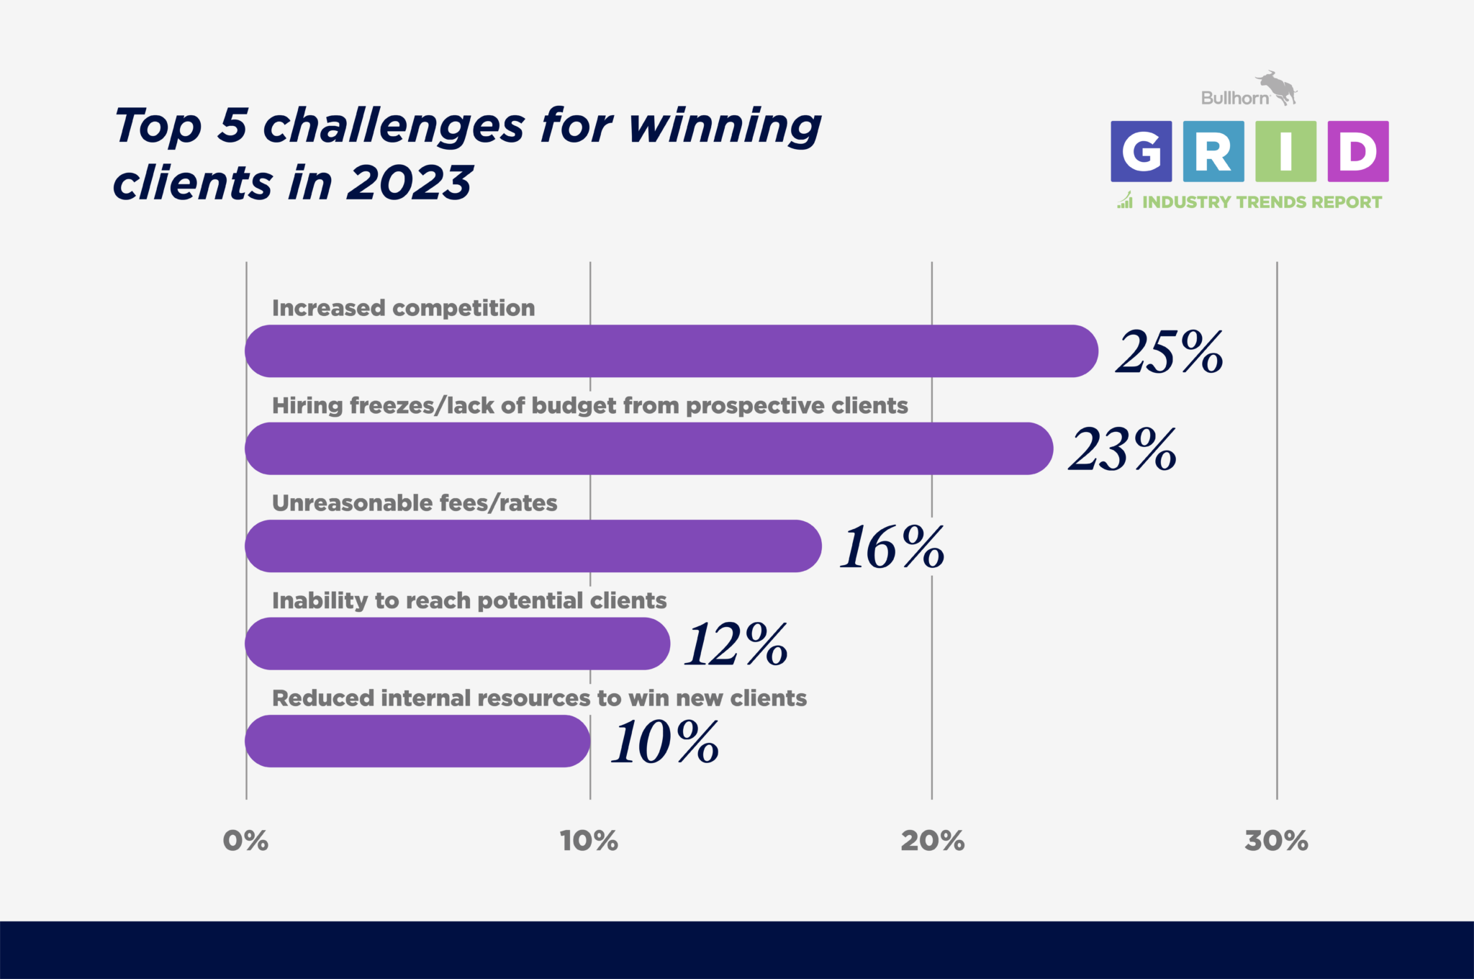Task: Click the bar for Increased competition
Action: [672, 351]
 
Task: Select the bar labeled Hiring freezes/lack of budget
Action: [649, 448]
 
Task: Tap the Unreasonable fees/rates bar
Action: [533, 546]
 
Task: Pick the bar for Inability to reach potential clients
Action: [458, 644]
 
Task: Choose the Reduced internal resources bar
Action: [417, 741]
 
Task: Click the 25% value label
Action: [1170, 352]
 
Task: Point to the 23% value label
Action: [1123, 450]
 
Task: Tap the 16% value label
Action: [892, 547]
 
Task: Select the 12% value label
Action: [736, 644]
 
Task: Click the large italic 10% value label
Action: [665, 742]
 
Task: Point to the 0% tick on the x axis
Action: [245, 841]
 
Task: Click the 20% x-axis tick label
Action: [933, 841]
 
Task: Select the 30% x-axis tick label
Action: [1277, 841]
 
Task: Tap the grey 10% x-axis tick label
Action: [589, 841]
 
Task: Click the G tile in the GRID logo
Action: [1141, 151]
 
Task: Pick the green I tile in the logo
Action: [1286, 151]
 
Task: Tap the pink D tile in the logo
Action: [1358, 151]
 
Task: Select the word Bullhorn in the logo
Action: [1235, 98]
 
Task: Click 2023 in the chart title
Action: [410, 182]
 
